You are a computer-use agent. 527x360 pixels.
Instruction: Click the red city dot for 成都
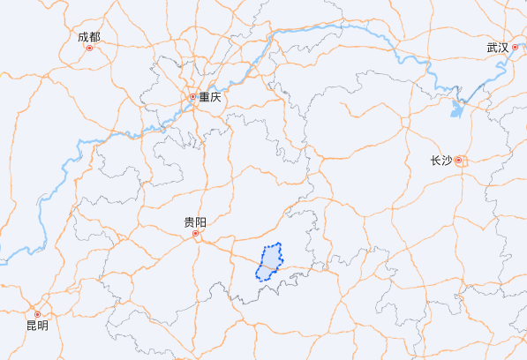89,48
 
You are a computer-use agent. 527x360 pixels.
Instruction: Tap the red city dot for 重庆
192,96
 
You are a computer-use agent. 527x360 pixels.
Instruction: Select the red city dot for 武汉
516,48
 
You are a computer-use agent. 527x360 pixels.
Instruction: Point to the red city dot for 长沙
458,160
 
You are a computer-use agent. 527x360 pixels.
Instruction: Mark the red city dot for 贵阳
196,234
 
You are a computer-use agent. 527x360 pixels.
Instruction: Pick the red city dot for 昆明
37,314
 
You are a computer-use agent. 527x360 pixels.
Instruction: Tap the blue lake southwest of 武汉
455,109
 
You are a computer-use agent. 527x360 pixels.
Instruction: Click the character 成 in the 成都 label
83,37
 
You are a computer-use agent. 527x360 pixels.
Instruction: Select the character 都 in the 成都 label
94,37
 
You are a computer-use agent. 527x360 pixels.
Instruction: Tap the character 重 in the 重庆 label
204,97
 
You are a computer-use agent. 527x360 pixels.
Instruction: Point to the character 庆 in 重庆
215,97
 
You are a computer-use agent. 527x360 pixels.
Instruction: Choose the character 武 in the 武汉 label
492,48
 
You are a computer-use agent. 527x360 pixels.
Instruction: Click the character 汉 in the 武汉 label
503,48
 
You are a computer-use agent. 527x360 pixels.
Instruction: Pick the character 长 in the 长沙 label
434,161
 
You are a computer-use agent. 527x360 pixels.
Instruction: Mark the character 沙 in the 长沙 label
446,161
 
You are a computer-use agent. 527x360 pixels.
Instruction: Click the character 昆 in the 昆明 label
31,326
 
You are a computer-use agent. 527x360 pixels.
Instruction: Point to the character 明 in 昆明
42,326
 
